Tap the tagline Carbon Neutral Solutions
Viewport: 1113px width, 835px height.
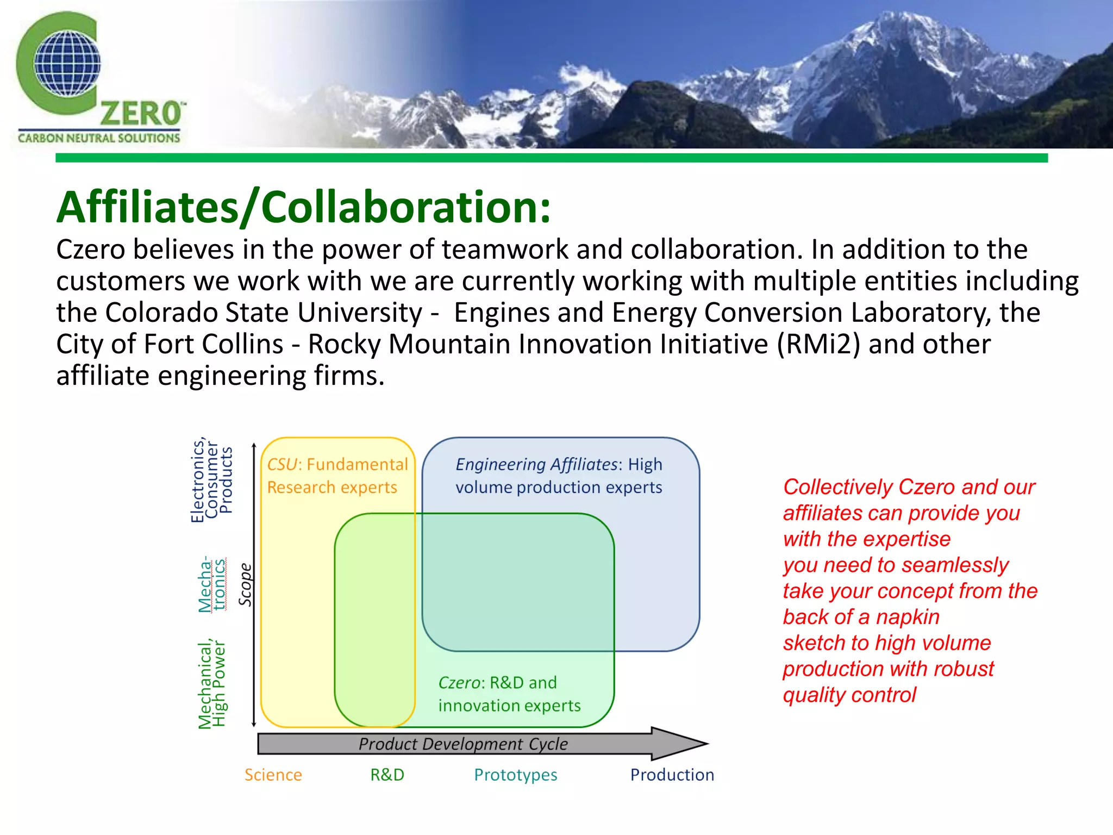98,138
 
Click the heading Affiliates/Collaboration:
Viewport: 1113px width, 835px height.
303,207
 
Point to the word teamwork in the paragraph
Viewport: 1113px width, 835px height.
505,250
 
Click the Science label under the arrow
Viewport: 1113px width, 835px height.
273,775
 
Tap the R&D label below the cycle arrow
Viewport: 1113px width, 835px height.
387,775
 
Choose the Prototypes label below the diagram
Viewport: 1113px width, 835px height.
515,775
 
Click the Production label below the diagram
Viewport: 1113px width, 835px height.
672,775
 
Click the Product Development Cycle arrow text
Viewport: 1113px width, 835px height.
463,744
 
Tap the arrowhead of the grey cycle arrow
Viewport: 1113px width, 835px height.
679,743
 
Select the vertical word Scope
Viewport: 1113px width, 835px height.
246,584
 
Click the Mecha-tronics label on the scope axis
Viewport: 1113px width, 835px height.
211,584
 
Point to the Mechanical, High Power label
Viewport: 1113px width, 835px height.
211,684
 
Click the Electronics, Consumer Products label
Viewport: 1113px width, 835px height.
211,480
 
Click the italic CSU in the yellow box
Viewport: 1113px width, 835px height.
282,464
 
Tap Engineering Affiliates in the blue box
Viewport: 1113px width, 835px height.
536,464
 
